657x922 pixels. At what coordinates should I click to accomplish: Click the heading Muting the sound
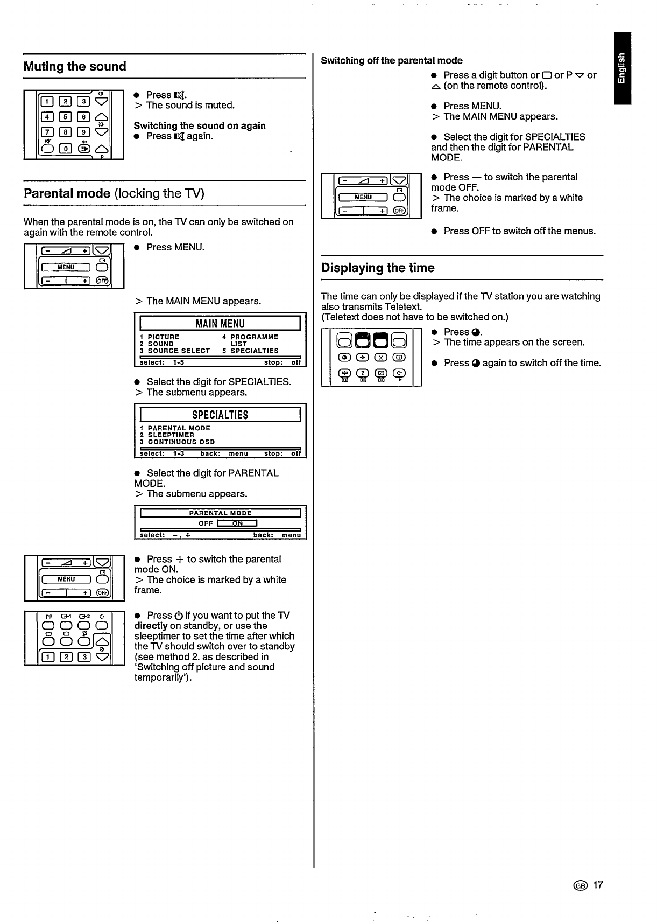[75, 67]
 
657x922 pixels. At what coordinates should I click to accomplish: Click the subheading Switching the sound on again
[200, 125]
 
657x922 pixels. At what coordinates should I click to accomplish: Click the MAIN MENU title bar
[220, 323]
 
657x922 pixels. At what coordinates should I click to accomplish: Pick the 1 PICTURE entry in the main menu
[160, 337]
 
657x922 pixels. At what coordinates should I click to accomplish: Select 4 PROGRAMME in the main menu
[250, 337]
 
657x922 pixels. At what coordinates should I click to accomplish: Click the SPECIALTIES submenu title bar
[220, 415]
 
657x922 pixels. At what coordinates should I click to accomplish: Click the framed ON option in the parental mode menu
[237, 523]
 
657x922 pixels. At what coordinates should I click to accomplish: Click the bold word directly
[151, 626]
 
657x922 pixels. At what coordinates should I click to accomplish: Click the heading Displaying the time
[378, 268]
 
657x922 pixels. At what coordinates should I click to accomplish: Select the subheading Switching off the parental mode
[392, 60]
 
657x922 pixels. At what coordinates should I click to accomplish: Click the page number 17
[598, 885]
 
